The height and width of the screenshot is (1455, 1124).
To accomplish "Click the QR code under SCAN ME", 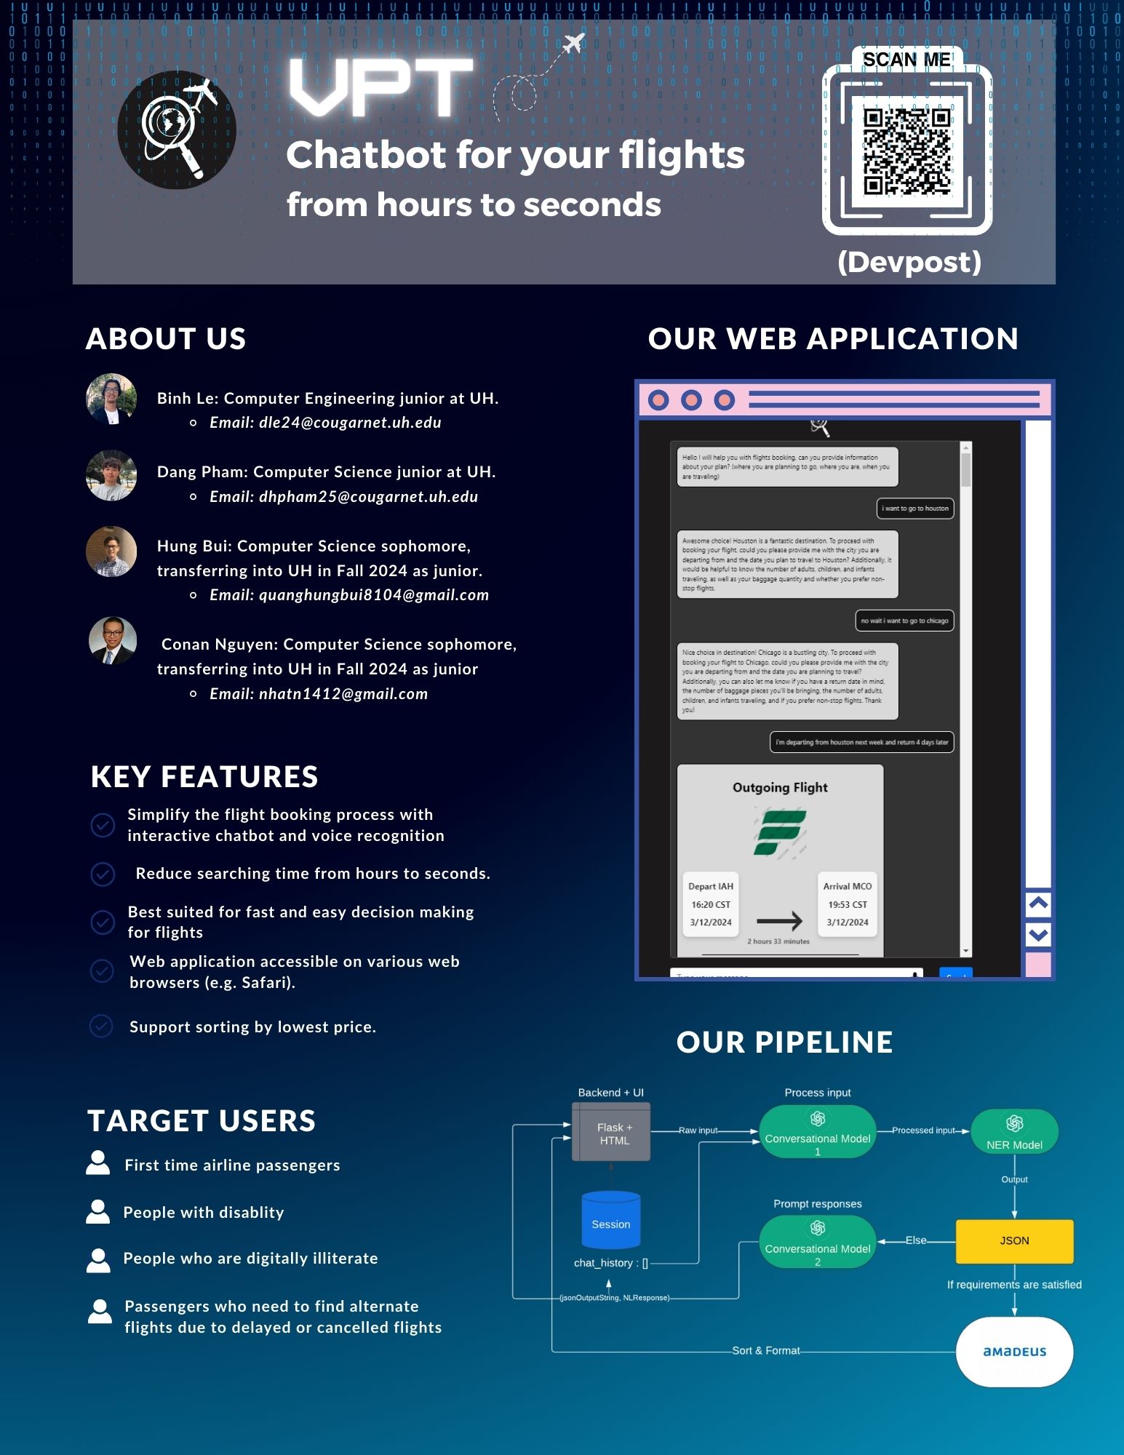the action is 906,152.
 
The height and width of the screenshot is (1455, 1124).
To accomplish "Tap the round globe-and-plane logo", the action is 177,130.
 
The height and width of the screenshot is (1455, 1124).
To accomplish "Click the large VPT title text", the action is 381,88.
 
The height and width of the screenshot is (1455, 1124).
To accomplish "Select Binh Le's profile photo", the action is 111,399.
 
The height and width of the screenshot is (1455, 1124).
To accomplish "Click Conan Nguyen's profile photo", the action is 112,641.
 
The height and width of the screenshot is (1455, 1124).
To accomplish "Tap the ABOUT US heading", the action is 166,339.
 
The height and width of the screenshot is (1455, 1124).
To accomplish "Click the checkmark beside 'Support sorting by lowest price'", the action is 101,1026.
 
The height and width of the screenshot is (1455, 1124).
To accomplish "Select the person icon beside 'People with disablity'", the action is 98,1212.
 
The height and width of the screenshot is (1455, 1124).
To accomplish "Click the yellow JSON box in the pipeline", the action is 1014,1240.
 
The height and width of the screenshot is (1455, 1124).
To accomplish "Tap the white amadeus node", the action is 1014,1351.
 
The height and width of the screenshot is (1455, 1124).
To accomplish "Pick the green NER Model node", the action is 1014,1132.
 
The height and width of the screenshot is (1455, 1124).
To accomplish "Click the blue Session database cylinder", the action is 611,1221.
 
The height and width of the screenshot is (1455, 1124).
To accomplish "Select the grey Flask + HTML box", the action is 611,1133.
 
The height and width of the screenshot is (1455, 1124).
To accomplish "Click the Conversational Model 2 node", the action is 817,1242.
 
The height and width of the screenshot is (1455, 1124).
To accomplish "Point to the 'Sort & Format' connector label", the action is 765,1350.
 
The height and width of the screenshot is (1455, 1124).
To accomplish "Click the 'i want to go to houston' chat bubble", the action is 915,509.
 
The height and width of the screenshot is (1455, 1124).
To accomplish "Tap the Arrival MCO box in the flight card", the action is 847,904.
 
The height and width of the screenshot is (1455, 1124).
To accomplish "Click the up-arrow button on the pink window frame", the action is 1038,903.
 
